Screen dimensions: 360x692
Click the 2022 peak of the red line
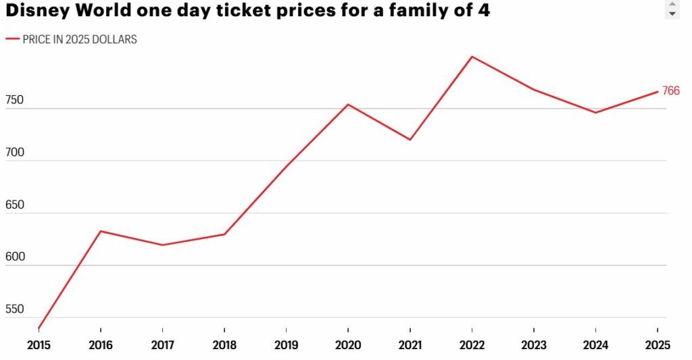(x=472, y=57)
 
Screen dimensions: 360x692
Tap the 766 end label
(x=670, y=91)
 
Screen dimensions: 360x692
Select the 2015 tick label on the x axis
(x=39, y=345)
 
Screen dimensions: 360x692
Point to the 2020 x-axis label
(x=348, y=345)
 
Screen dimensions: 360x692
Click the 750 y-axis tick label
(x=15, y=101)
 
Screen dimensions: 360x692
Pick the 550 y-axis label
(x=15, y=309)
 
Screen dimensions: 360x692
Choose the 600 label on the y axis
(x=15, y=257)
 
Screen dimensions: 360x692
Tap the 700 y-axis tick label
(x=15, y=153)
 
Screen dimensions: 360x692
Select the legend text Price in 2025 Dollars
(x=80, y=39)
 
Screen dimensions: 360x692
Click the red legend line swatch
(x=12, y=39)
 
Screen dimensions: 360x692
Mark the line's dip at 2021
(x=410, y=140)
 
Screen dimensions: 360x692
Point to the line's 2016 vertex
(x=101, y=231)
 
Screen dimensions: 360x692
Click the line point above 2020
(x=348, y=104)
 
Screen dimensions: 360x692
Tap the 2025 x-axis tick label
(x=658, y=345)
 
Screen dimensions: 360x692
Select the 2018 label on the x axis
(x=224, y=345)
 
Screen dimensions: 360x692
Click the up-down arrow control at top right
(x=672, y=9)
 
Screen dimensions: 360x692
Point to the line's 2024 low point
(x=595, y=112)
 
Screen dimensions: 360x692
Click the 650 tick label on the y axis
(x=15, y=205)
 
